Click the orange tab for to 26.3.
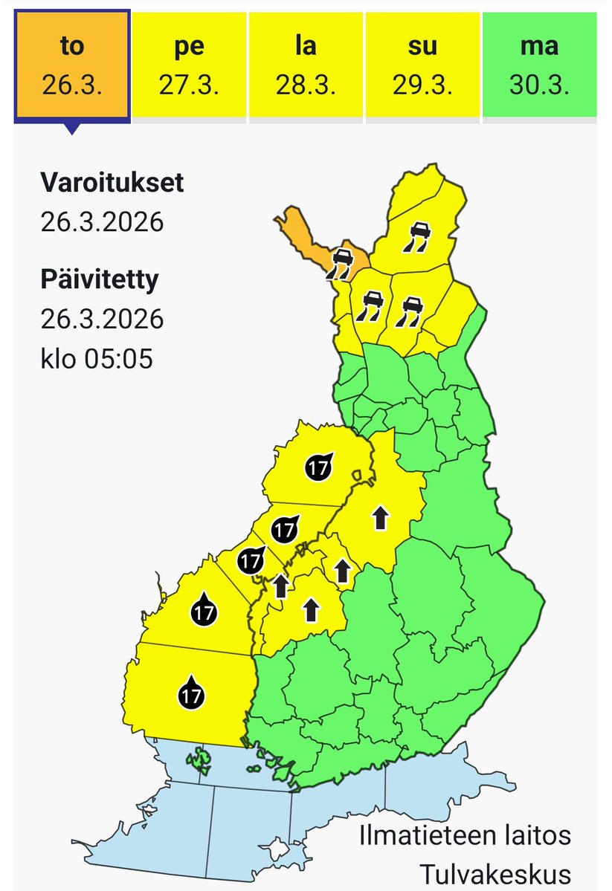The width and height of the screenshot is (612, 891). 72,65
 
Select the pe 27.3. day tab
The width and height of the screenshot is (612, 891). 189,65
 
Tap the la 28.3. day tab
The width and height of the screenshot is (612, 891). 306,65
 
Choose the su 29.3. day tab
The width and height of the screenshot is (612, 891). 422,65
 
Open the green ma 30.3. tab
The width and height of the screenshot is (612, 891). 539,65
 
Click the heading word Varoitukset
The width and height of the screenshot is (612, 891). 112,183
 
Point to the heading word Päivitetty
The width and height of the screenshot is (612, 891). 100,280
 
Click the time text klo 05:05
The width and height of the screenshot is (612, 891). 97,359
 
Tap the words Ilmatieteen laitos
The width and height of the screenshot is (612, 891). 465,835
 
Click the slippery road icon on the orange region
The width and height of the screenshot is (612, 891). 342,263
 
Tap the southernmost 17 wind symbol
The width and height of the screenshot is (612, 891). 191,694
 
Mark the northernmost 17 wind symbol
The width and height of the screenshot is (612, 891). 319,466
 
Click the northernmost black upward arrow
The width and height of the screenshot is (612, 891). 380,516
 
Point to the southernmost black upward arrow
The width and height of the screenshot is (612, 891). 311,610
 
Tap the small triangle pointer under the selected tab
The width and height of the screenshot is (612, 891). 71,128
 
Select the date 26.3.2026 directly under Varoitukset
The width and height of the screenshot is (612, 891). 102,221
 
